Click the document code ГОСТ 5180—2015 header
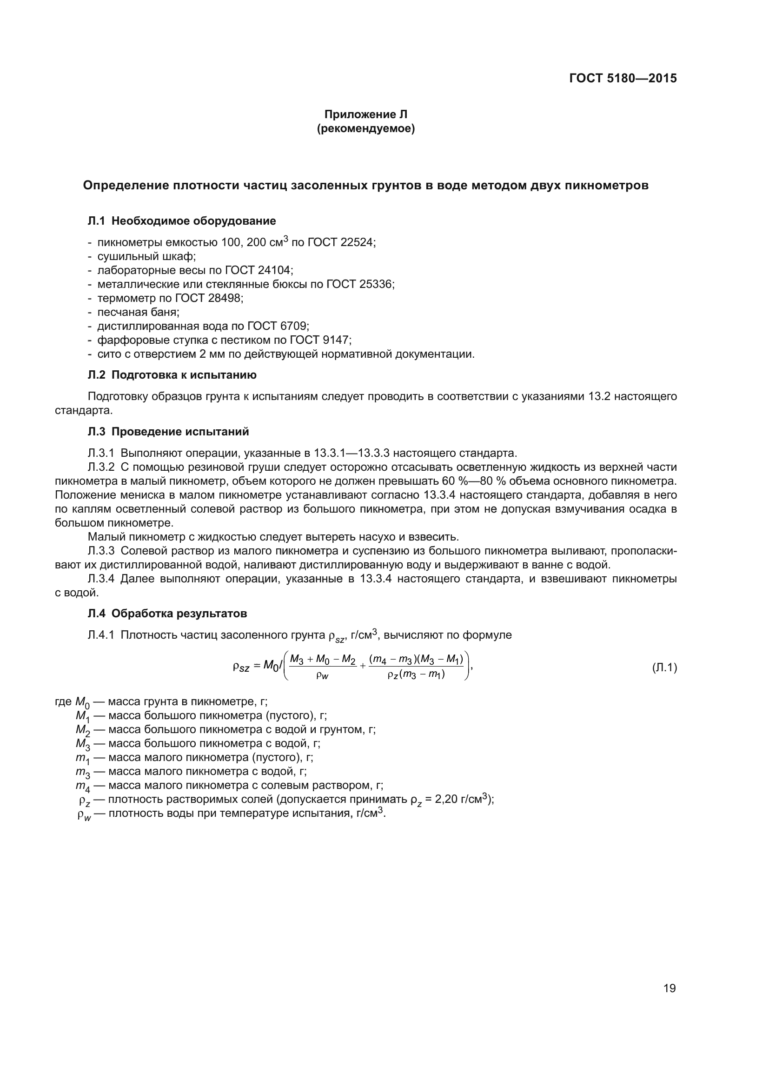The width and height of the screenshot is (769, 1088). tap(623, 78)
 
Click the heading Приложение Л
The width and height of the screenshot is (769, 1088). tap(365, 114)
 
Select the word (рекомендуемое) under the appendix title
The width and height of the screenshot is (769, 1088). tap(365, 128)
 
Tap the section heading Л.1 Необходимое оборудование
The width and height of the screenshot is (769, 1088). tap(182, 221)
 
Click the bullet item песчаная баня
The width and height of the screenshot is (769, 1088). tap(138, 312)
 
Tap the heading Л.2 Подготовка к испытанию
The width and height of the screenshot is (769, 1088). tap(172, 375)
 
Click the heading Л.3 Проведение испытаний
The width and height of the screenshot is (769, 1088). tap(168, 431)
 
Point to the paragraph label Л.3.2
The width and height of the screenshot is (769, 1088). tap(101, 467)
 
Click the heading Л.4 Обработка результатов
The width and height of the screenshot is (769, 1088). tap(167, 614)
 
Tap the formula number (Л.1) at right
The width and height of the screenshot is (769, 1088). tap(664, 667)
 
